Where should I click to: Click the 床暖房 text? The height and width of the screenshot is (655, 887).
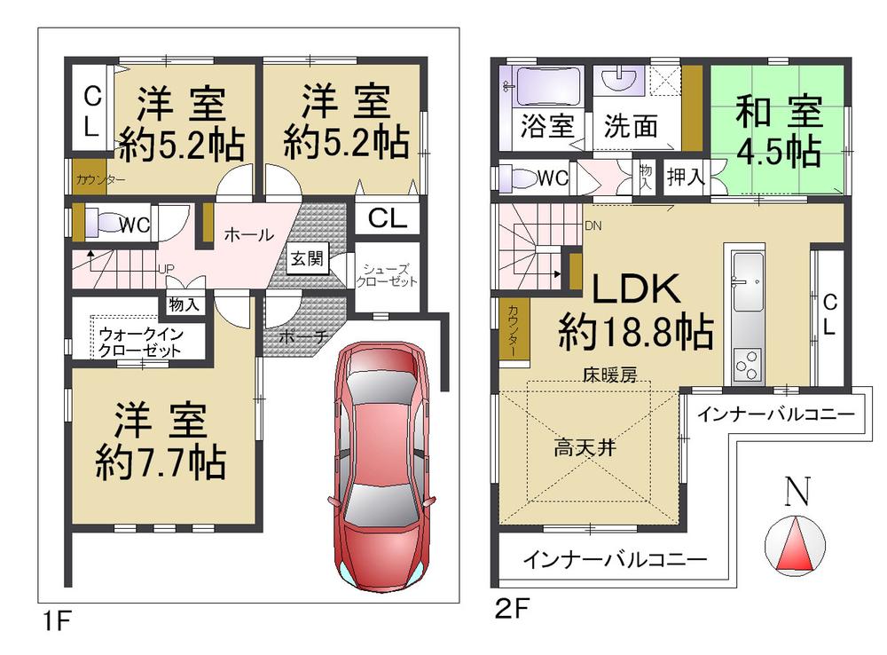click(609, 375)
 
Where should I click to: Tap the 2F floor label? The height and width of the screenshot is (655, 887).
click(512, 610)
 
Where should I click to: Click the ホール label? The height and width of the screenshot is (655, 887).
click(248, 235)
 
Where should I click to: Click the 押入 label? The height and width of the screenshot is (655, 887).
click(686, 177)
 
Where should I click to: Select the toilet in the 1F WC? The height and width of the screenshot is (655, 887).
click(106, 223)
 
